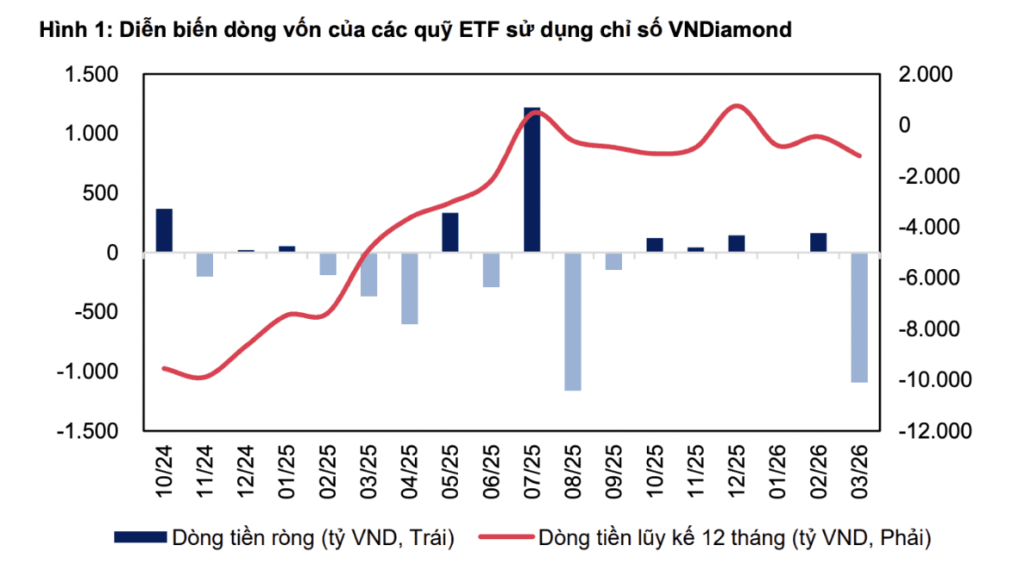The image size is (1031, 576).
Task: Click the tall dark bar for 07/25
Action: pyautogui.click(x=533, y=180)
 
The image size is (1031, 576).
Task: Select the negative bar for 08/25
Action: pyautogui.click(x=573, y=322)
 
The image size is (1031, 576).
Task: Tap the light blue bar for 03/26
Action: pyautogui.click(x=859, y=317)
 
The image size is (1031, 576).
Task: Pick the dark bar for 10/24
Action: pyautogui.click(x=164, y=230)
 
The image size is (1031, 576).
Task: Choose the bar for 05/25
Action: pyautogui.click(x=450, y=232)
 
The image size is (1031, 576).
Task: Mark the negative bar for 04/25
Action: pyautogui.click(x=409, y=288)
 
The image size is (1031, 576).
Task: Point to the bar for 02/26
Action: pyautogui.click(x=818, y=242)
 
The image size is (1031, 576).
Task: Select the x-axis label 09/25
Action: pyautogui.click(x=614, y=469)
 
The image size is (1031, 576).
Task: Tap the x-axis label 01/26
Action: pyautogui.click(x=778, y=469)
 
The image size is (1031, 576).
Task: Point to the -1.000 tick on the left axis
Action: pyautogui.click(x=88, y=372)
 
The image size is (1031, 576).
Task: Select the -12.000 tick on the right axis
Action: pyautogui.click(x=929, y=432)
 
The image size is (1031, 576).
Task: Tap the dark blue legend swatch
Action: pyautogui.click(x=140, y=537)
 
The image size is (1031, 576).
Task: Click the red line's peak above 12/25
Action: pyautogui.click(x=736, y=106)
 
